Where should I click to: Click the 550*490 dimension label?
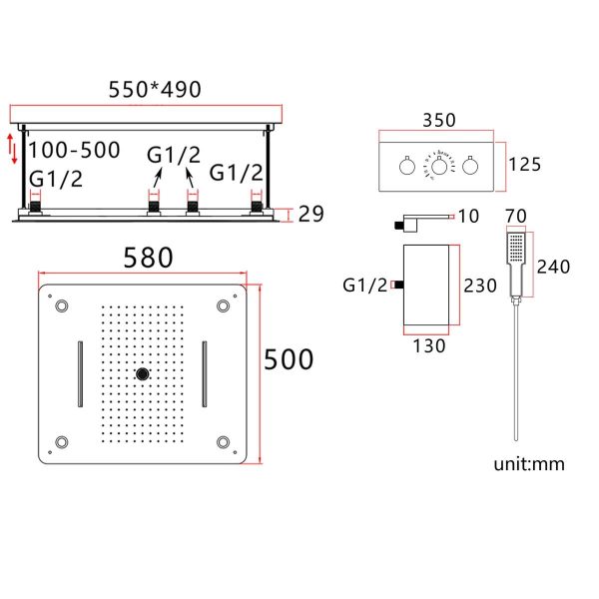pos(155,90)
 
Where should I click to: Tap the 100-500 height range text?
pos(75,150)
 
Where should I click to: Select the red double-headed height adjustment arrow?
pos(13,149)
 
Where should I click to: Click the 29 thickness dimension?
pos(310,214)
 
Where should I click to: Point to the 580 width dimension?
pos(148,258)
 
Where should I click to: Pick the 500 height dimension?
pos(289,359)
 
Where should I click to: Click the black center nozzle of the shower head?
pos(143,373)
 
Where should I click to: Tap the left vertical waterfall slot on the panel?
pos(80,373)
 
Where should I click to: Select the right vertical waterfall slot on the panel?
pos(205,373)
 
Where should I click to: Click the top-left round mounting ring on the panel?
pos(62,306)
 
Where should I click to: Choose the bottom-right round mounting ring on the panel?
pos(223,442)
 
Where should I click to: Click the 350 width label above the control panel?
pos(439,121)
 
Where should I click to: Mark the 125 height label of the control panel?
pos(525,165)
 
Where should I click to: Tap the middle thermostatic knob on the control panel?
pos(439,166)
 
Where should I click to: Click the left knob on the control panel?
pos(407,166)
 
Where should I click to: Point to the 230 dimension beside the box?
pos(480,286)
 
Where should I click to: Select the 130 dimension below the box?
pos(429,346)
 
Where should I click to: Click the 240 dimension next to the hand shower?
pos(553,267)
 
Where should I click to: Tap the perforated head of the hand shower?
pos(516,248)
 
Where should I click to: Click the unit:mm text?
pos(529,464)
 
